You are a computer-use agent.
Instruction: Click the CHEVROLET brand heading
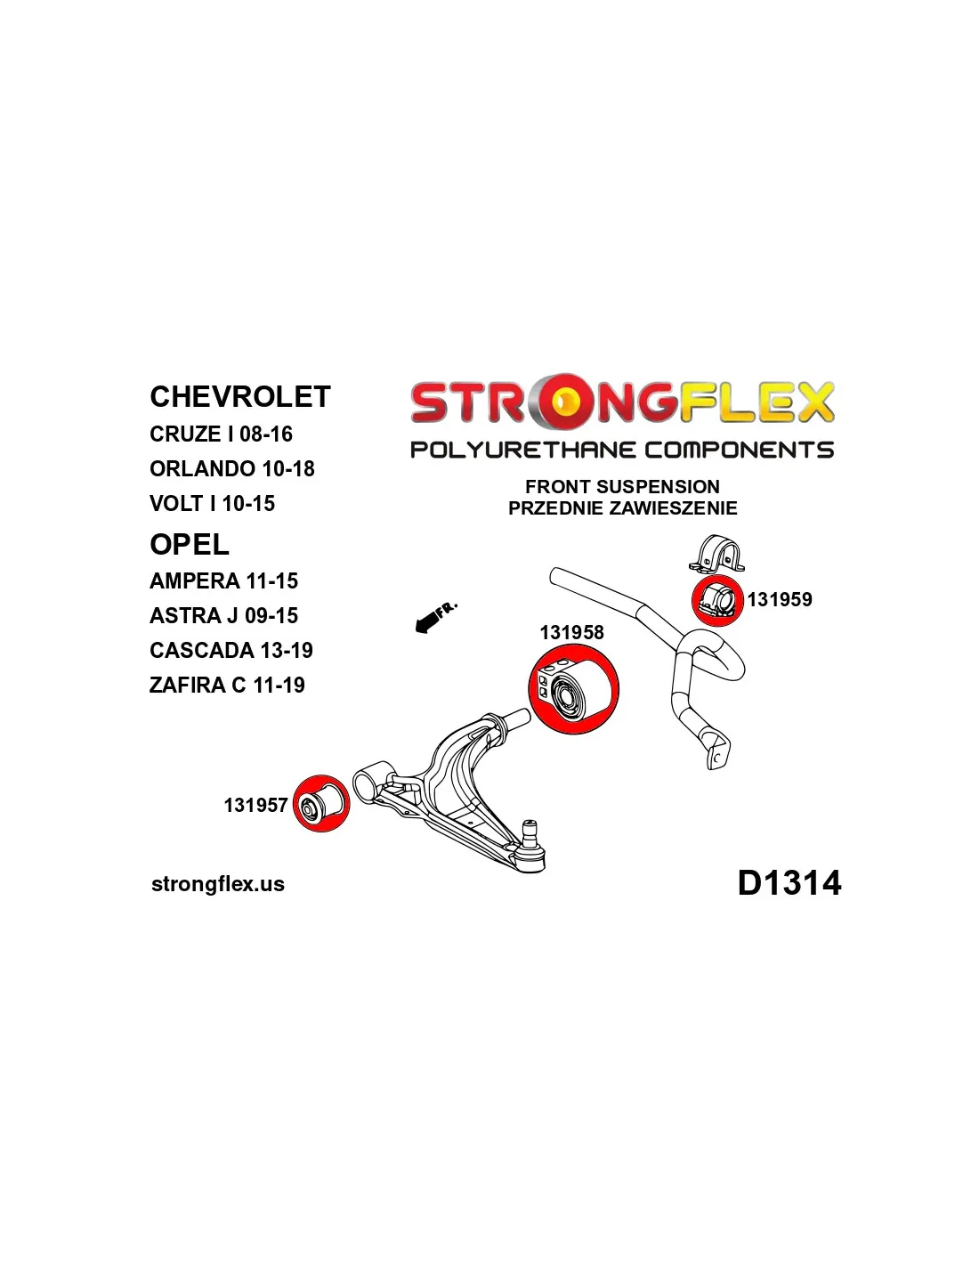click(240, 397)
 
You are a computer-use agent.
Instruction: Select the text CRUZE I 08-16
click(221, 434)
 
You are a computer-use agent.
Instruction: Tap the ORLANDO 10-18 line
click(231, 469)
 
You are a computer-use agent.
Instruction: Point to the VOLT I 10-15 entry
click(212, 503)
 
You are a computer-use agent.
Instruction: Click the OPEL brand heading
click(190, 545)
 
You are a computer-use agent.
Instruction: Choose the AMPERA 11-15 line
click(223, 580)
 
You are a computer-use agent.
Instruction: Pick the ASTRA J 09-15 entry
click(223, 615)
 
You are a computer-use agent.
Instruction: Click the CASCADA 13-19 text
click(231, 650)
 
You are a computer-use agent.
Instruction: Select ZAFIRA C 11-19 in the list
click(227, 685)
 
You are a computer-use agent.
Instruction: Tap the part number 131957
click(256, 805)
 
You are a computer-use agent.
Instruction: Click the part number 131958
click(572, 633)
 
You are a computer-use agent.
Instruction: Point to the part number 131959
click(780, 599)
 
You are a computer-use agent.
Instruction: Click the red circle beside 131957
click(321, 804)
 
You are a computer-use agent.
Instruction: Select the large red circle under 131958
click(574, 689)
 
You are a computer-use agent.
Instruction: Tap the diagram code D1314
click(789, 883)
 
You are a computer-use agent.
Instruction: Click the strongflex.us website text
click(218, 884)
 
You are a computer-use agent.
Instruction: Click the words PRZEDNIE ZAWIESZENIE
click(623, 508)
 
